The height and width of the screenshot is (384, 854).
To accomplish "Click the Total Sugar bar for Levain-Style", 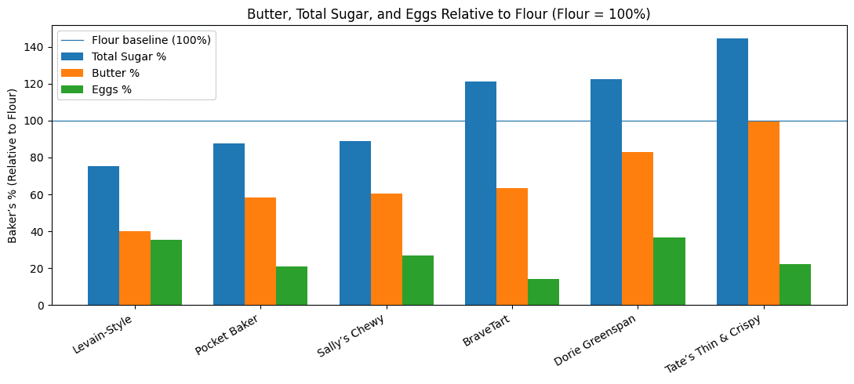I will [x=104, y=235].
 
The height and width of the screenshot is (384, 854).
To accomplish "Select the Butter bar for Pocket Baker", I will [x=260, y=251].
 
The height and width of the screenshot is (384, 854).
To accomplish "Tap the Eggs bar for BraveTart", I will [x=543, y=292].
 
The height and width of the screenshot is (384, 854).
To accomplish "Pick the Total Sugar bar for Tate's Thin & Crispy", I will [x=732, y=172].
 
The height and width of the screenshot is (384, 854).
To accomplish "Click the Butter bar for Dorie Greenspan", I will [x=638, y=228].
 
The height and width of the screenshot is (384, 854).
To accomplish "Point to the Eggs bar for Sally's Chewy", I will [x=418, y=280].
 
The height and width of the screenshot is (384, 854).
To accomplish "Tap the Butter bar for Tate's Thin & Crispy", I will [x=764, y=213].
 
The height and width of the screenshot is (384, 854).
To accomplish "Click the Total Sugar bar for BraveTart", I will [x=481, y=193].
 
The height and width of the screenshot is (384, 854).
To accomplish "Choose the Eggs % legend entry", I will [x=111, y=89].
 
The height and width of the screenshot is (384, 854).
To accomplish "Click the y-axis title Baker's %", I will [x=13, y=165].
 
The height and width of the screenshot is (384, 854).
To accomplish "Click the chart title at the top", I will [x=449, y=14].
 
